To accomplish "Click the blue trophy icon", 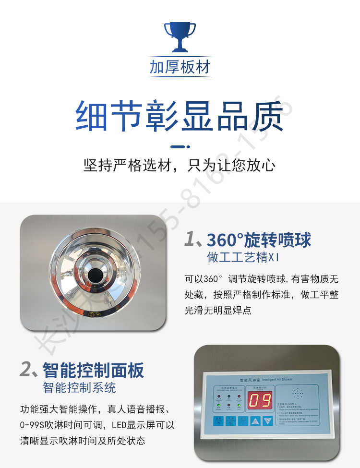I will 180,36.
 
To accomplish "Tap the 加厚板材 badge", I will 180,67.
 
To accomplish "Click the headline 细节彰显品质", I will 180,117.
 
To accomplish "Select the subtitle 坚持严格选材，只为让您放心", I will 180,166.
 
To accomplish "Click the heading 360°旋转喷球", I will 259,240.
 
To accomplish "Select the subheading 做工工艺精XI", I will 243,257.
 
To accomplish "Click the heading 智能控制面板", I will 93,370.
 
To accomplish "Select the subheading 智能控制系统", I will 79,387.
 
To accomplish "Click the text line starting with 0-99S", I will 97,425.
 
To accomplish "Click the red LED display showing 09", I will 260,399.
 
